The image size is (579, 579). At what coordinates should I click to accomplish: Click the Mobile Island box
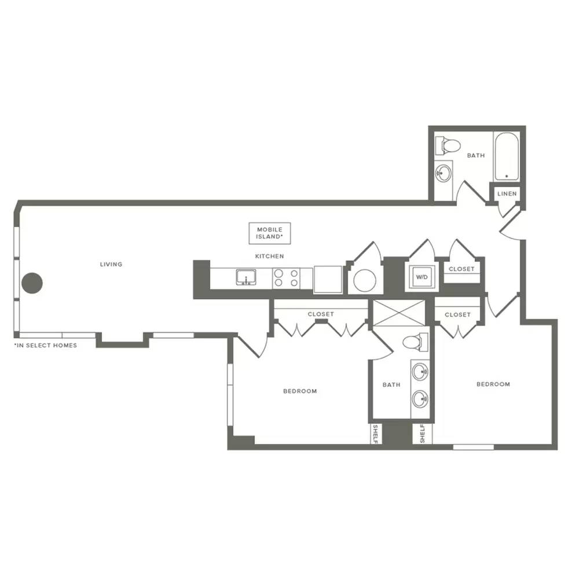click(x=270, y=233)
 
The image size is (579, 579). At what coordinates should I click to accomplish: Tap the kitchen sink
click(x=246, y=277)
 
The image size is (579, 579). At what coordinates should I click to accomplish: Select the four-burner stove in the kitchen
click(x=287, y=278)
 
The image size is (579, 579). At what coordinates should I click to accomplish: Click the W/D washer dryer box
click(x=422, y=277)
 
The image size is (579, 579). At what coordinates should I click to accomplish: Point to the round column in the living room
click(x=32, y=283)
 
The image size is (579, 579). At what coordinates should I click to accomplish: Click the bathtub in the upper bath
click(x=507, y=156)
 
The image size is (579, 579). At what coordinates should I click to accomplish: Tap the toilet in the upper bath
click(x=447, y=145)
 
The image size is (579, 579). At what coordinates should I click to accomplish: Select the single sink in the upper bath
click(x=443, y=173)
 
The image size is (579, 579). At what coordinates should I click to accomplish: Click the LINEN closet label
click(x=507, y=193)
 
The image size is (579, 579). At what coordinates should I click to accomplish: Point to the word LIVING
click(x=111, y=264)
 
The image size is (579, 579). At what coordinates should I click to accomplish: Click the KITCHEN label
click(x=270, y=256)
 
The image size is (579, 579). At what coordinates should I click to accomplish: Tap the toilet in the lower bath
click(x=415, y=341)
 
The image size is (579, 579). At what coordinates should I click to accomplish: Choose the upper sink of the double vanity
click(x=420, y=372)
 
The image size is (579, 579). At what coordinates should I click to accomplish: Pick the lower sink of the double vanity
click(x=420, y=399)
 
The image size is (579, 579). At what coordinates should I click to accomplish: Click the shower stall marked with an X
click(x=399, y=313)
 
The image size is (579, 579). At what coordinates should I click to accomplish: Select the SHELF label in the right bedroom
click(x=423, y=433)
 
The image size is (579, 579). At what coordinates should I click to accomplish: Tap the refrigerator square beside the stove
click(x=328, y=279)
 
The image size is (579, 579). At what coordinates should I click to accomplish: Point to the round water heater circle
click(x=365, y=281)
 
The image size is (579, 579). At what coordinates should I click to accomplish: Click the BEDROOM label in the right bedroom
click(x=493, y=384)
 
